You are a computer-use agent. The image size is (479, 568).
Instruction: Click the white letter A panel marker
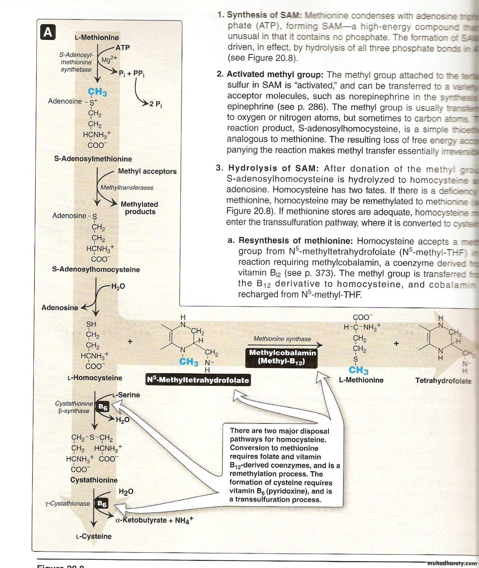[x=48, y=32]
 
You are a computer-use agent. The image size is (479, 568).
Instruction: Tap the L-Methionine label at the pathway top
[x=97, y=38]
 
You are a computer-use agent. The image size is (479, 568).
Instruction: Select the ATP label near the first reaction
[x=122, y=48]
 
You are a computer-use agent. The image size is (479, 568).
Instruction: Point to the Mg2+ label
[x=109, y=60]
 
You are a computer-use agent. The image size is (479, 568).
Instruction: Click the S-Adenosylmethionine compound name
[x=93, y=159]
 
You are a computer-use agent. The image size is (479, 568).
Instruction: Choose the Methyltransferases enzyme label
[x=127, y=188]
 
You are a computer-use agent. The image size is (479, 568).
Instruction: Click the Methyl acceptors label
[x=147, y=171]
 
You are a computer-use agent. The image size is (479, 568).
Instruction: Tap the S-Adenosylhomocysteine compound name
[x=96, y=269]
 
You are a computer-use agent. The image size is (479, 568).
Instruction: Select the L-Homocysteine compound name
[x=95, y=378]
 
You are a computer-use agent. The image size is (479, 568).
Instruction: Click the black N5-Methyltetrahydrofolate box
[x=198, y=380]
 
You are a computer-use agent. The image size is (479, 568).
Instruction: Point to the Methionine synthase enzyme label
[x=282, y=339]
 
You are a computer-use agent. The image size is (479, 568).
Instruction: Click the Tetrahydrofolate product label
[x=443, y=380]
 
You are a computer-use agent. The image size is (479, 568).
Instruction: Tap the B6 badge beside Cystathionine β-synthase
[x=103, y=407]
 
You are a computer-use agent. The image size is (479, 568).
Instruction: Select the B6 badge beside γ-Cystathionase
[x=102, y=504]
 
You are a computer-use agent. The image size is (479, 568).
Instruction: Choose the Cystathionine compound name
[x=94, y=480]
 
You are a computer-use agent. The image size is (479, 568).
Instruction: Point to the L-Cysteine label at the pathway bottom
[x=94, y=536]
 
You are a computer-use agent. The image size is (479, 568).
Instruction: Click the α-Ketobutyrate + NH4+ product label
[x=154, y=520]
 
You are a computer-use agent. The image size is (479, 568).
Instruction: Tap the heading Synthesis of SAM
[x=264, y=15]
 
